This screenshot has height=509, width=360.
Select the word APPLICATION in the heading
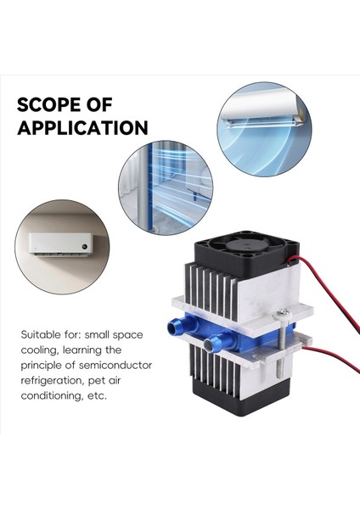coord(82,128)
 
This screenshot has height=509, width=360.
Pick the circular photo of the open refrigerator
coord(165,187)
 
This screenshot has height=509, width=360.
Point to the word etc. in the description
coord(95,395)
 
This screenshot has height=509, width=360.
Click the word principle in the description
coord(42,365)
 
